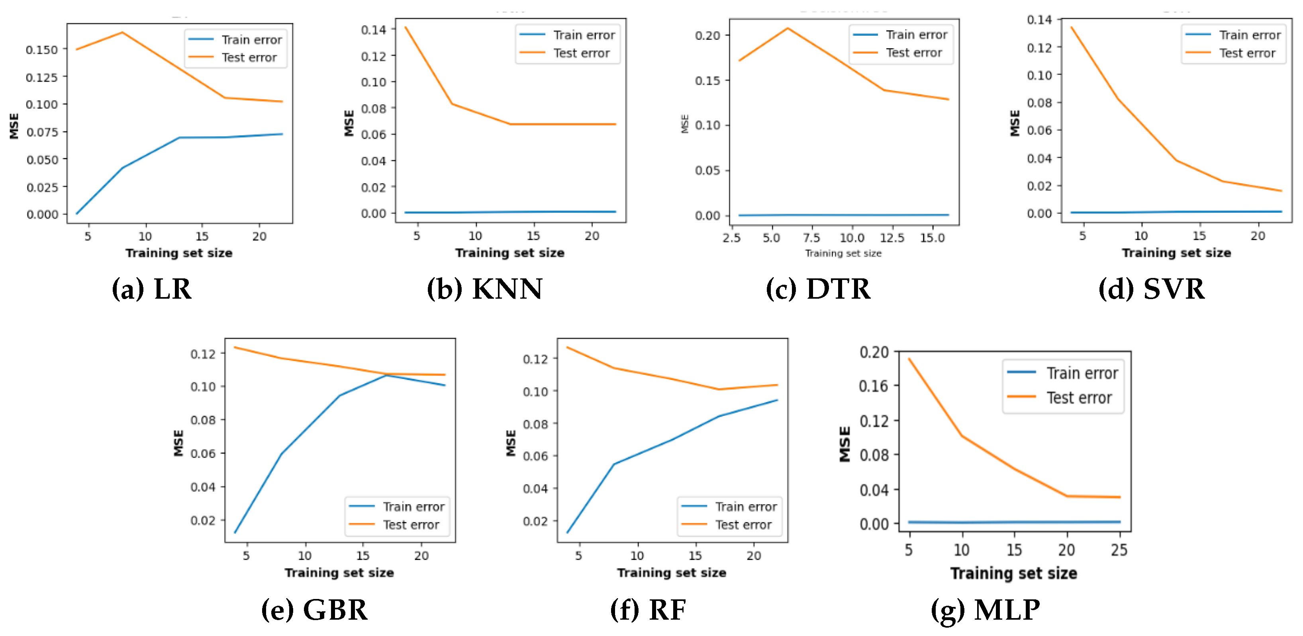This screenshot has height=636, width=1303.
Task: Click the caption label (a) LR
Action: point(152,289)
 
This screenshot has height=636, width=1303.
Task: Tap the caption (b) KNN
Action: point(484,289)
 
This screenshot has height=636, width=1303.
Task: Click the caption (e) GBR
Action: point(314,610)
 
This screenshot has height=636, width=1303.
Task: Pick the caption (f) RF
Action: point(648,610)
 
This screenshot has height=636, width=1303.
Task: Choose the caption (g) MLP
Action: point(986,610)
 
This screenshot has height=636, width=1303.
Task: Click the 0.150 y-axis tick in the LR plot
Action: point(42,49)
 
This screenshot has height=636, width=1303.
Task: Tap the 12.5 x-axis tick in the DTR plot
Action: point(892,238)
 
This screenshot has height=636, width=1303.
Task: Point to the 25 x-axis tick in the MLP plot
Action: point(1119,550)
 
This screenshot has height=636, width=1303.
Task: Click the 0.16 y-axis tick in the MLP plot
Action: point(874,386)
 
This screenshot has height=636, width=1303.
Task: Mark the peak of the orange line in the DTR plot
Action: point(788,28)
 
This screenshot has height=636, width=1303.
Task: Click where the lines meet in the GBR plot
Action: point(387,375)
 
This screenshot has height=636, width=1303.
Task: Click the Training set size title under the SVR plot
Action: point(1176,253)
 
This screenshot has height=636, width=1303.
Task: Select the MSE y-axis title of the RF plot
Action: point(511,443)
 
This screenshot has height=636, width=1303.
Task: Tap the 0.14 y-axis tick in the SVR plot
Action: point(1039,20)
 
